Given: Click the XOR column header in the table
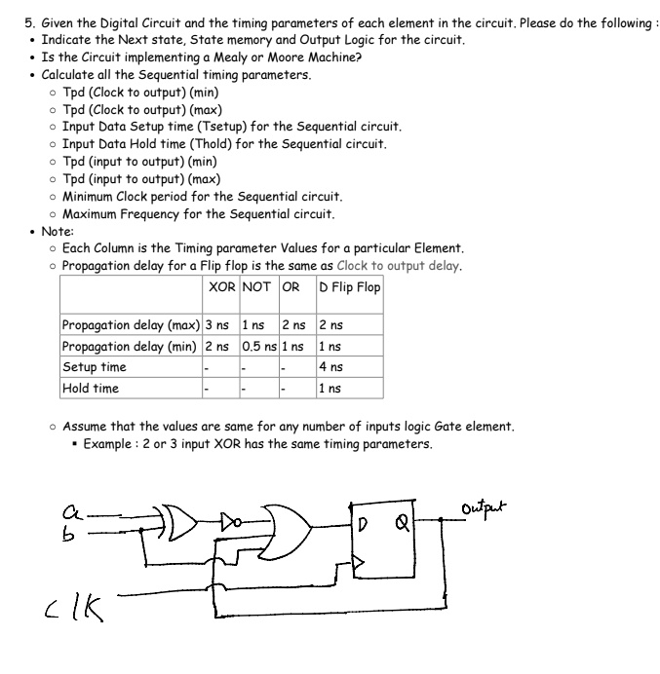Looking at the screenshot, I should pyautogui.click(x=219, y=287).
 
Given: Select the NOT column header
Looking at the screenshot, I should pyautogui.click(x=256, y=287).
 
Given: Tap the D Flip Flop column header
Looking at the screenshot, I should pyautogui.click(x=349, y=287).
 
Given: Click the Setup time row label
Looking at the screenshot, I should pyautogui.click(x=95, y=367).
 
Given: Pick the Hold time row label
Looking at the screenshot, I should pyautogui.click(x=91, y=388).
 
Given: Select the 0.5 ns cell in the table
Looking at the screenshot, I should pyautogui.click(x=258, y=346).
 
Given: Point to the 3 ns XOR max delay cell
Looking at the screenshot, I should pyautogui.click(x=216, y=325).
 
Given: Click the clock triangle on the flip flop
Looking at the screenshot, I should pyautogui.click(x=359, y=563).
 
